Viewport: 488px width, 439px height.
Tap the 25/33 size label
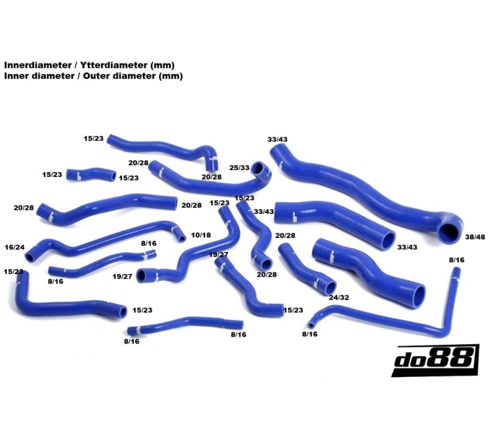(x=239, y=168)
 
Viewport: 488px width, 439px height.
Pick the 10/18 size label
(x=201, y=236)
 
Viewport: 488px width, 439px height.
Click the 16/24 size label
(x=15, y=247)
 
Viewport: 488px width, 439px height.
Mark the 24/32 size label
(x=339, y=298)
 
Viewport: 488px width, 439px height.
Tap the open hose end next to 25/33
(x=260, y=169)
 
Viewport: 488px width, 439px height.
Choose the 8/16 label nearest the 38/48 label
(x=457, y=260)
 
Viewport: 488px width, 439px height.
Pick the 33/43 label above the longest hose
(x=277, y=139)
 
